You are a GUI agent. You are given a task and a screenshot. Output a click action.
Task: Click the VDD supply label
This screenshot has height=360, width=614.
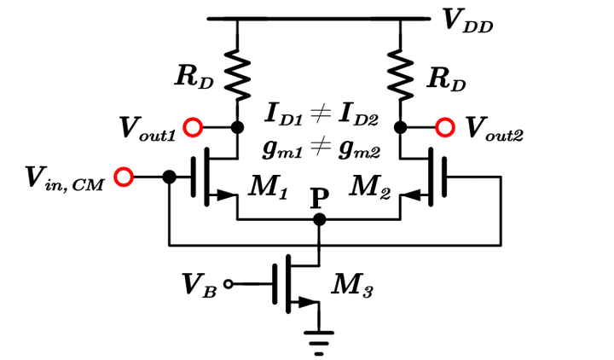pyautogui.click(x=468, y=21)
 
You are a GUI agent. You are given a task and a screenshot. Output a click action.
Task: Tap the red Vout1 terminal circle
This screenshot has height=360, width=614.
pyautogui.click(x=194, y=128)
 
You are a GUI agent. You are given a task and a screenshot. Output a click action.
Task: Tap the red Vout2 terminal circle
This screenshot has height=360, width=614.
pyautogui.click(x=445, y=128)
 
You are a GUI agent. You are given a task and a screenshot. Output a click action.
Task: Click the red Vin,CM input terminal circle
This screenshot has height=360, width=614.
pyautogui.click(x=125, y=177)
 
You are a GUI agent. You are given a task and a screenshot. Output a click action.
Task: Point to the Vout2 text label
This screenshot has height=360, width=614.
pyautogui.click(x=494, y=129)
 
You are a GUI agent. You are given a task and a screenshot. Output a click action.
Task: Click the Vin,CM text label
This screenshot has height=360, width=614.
pyautogui.click(x=64, y=178)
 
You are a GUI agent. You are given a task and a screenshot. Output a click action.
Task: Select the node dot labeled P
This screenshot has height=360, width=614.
pyautogui.click(x=319, y=219)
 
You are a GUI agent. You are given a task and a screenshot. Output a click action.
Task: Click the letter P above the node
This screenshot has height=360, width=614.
pyautogui.click(x=319, y=199)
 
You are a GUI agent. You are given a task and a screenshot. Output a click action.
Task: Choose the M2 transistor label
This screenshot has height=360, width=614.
pyautogui.click(x=372, y=189)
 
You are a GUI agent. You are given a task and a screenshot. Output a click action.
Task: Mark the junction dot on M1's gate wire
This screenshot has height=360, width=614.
pyautogui.click(x=169, y=177)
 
